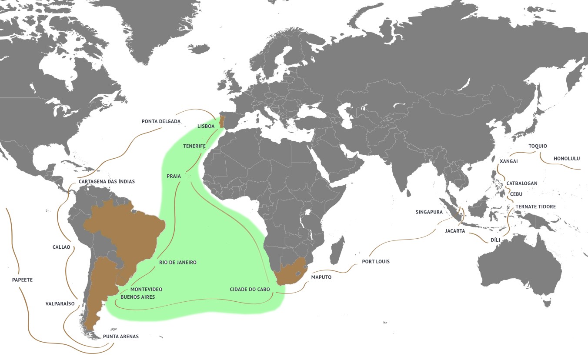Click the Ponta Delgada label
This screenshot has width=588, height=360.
click(x=161, y=121)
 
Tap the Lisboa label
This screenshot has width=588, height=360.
click(x=206, y=126)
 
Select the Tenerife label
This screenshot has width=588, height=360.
click(x=194, y=146)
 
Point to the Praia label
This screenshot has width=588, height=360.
click(x=174, y=176)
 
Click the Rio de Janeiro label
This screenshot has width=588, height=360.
click(x=178, y=262)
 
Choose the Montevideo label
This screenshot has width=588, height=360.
click(x=147, y=289)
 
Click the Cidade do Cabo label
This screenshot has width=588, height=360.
click(x=250, y=289)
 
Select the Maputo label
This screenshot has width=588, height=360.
click(x=321, y=277)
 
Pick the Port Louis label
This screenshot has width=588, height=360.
click(x=376, y=262)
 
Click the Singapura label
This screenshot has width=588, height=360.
click(x=429, y=212)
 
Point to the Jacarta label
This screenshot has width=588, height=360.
click(x=455, y=231)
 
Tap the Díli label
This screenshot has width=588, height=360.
click(x=495, y=240)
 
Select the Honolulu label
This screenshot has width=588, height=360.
click(x=567, y=159)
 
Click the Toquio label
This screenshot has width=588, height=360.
click(x=538, y=146)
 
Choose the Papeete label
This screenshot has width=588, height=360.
click(x=23, y=280)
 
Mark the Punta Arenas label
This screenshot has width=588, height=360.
click(x=121, y=337)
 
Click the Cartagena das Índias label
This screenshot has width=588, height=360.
click(x=107, y=181)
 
